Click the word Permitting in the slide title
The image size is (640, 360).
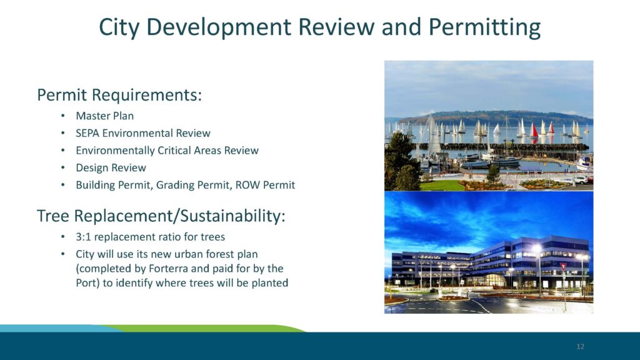[x=484, y=27]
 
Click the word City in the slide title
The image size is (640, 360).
[x=119, y=27]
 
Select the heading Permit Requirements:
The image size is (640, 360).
[x=119, y=95]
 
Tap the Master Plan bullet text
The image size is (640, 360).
[x=104, y=116]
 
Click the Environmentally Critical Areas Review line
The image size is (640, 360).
[x=167, y=151]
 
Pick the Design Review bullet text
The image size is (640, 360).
[x=111, y=167]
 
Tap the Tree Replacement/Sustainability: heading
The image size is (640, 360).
[x=161, y=216]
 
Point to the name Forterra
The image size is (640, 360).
[x=168, y=269]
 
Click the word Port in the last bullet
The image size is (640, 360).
[x=86, y=283]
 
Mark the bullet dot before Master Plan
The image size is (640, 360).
[x=62, y=116]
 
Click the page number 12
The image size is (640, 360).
[x=581, y=346]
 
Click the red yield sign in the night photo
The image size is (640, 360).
[x=564, y=266]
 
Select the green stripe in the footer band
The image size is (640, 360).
[x=204, y=329]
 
